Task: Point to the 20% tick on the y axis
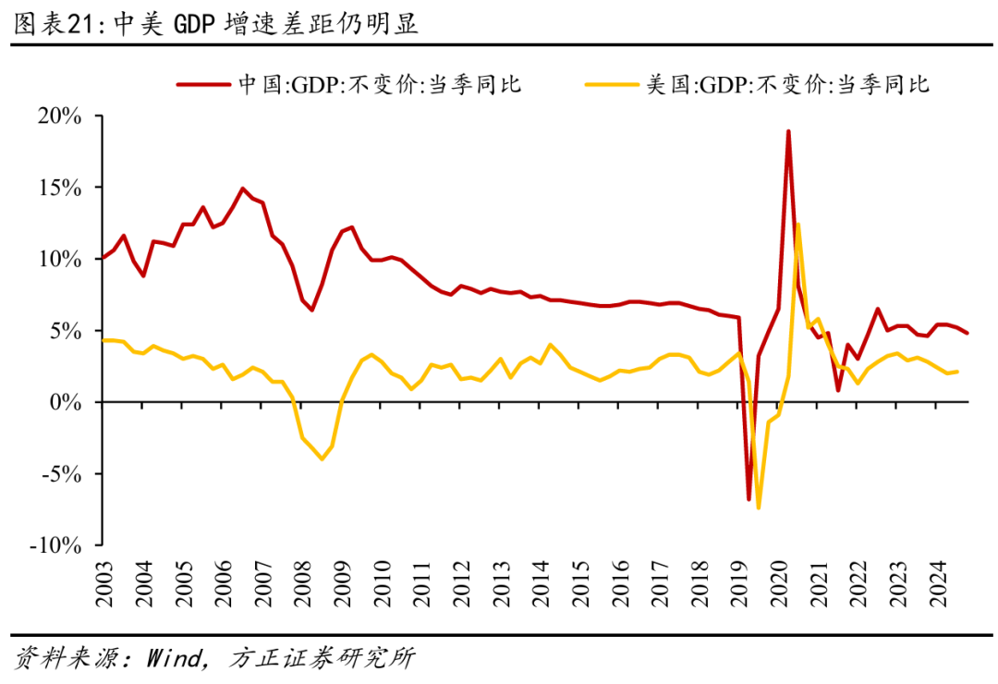pyautogui.click(x=62, y=116)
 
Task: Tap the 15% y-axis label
pyautogui.click(x=62, y=188)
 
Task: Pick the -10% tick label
pyautogui.click(x=57, y=545)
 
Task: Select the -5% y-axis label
pyautogui.click(x=63, y=474)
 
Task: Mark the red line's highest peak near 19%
pyautogui.click(x=788, y=131)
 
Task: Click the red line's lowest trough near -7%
pyautogui.click(x=748, y=499)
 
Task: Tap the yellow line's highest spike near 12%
pyautogui.click(x=797, y=224)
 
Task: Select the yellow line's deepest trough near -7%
pyautogui.click(x=758, y=507)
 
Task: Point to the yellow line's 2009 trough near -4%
pyautogui.click(x=322, y=458)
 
